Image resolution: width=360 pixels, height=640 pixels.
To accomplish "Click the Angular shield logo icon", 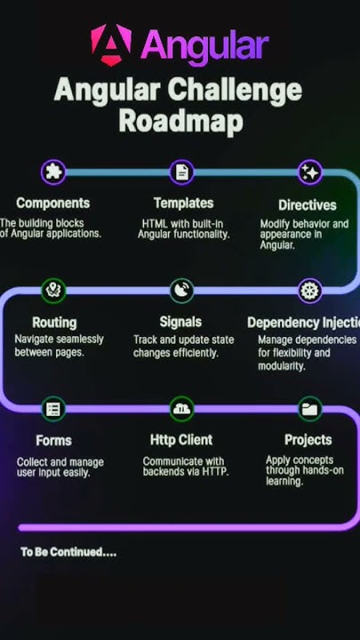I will coord(111,44).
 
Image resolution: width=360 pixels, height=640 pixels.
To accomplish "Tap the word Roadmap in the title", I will coord(180,121).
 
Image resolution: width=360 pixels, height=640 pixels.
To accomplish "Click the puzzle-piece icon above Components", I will coord(53,172).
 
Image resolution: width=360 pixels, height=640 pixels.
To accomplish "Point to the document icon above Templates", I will coord(181,172).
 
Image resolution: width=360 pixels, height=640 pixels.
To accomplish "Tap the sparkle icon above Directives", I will coord(309,172).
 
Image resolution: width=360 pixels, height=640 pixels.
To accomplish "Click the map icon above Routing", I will coord(54,290).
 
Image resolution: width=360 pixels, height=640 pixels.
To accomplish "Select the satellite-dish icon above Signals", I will coord(181,290).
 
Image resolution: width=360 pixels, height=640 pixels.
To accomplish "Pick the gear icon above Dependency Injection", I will coord(309,290).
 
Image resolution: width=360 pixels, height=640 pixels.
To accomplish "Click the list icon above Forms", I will coord(54,409).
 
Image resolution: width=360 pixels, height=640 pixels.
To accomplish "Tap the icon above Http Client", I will coord(182,409).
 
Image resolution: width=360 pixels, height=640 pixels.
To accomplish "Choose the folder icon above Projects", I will coord(309,409).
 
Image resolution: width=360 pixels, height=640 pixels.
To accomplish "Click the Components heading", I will coord(52,204).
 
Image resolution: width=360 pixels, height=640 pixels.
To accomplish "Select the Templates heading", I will coord(183,204).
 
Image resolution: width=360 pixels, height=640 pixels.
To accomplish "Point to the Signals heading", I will coord(180,322).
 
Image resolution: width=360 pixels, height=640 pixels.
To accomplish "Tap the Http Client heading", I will coord(182,440).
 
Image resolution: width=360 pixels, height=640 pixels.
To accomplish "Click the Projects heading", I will coord(308,440).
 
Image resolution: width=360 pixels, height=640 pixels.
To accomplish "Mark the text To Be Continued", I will coord(68,552).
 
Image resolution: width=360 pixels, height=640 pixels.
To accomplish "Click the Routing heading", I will coord(54,323).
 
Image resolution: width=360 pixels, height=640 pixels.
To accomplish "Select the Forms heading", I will coord(53,441).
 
